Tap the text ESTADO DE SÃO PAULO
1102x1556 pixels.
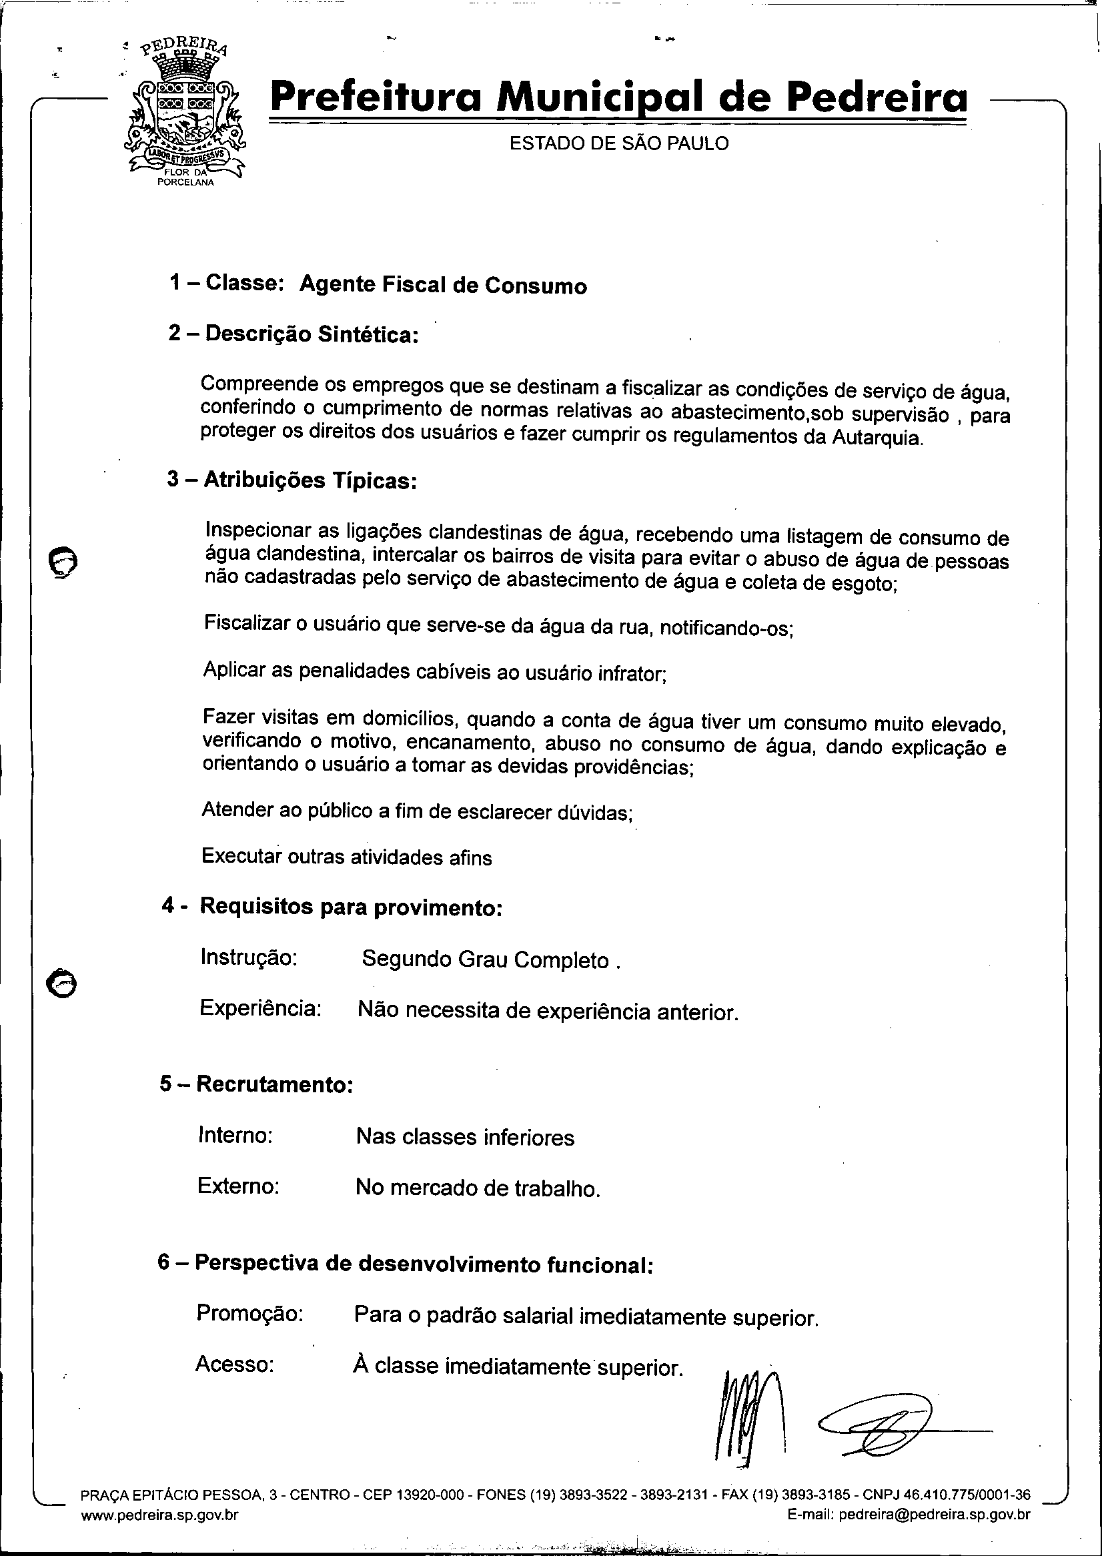(618, 144)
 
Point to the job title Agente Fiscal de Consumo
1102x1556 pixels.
(442, 285)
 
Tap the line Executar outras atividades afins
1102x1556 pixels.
(346, 856)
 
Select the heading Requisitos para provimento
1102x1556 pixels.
(350, 907)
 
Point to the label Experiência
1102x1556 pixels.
(260, 1008)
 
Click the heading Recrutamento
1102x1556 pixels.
(274, 1084)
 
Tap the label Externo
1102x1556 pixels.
(238, 1186)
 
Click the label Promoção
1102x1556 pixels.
(249, 1313)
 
